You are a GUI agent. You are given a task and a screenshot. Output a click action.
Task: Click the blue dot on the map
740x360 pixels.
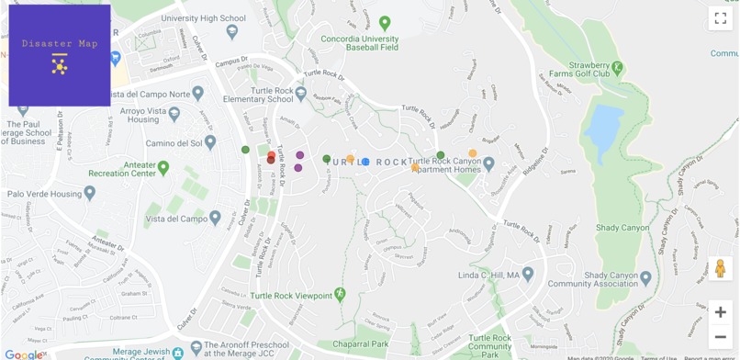365,162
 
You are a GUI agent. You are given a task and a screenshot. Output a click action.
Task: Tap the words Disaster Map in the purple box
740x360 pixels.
60,44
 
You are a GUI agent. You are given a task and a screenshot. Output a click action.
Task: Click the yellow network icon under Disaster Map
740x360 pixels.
60,65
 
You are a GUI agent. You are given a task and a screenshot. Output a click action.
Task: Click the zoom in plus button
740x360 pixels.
721,312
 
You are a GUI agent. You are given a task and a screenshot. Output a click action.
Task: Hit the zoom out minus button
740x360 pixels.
721,336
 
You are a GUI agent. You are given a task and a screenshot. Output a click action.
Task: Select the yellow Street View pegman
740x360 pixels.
721,268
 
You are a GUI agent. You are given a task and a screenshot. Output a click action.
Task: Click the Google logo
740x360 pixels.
22,354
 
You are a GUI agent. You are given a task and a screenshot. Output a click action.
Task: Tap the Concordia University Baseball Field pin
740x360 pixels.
385,23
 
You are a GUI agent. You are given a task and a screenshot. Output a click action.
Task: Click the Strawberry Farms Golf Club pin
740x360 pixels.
618,67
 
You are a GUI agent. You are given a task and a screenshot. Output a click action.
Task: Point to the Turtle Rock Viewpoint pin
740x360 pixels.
340,294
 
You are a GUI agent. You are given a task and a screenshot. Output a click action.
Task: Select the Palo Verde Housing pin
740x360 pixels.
89,194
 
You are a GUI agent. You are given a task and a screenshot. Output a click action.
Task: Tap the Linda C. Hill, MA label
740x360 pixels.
488,275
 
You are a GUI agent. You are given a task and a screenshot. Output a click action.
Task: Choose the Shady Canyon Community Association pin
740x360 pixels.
645,277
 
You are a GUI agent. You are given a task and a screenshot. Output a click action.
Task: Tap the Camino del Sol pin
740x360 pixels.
210,142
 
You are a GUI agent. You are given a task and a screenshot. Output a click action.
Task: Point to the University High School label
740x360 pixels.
203,18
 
